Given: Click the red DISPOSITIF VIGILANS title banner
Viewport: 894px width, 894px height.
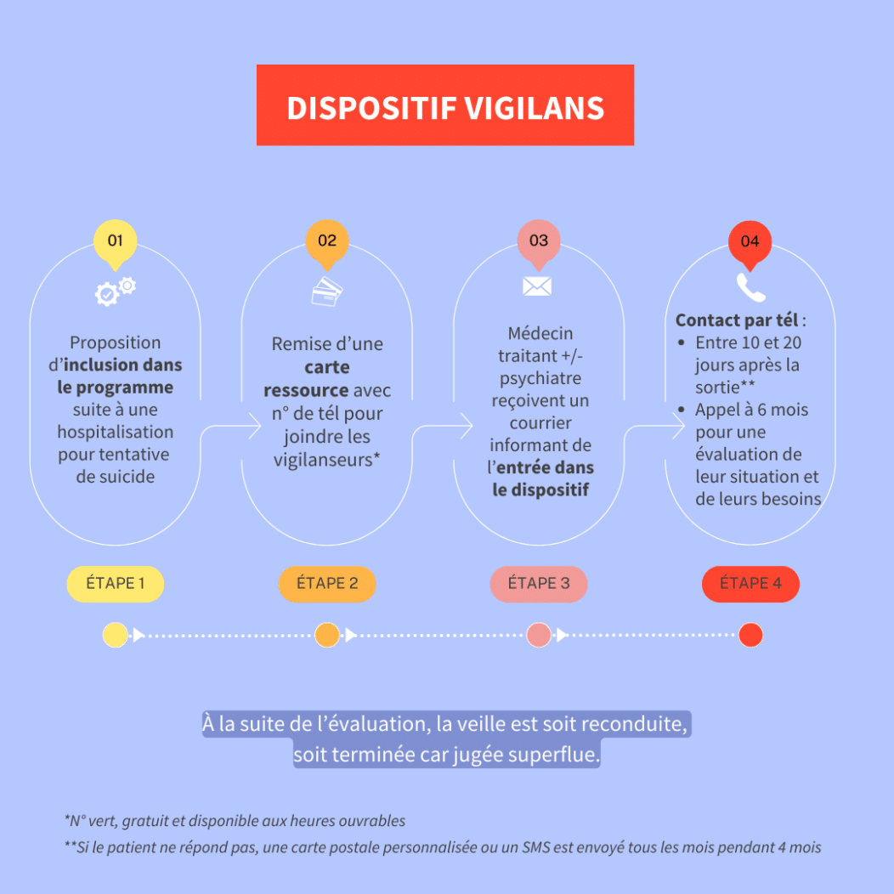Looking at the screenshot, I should tap(445, 105).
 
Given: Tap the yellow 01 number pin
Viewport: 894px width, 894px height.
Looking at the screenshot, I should tap(115, 240).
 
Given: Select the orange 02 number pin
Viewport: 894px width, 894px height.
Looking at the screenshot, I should tap(327, 240).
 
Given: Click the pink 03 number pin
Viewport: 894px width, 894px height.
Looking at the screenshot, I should tap(539, 240).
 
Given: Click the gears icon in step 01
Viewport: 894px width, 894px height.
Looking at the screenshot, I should tap(115, 291).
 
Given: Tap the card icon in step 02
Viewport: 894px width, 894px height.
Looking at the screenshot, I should tap(327, 291).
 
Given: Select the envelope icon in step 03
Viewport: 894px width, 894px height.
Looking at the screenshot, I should tap(537, 286).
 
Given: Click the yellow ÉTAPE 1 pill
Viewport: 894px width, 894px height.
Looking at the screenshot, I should tap(116, 584).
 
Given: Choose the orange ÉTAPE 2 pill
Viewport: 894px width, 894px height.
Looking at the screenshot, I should tap(327, 584).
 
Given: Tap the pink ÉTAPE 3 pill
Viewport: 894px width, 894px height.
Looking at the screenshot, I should tap(539, 584).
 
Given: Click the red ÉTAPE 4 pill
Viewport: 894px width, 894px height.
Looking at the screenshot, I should tap(750, 584).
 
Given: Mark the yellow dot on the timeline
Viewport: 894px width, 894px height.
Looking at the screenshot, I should tap(115, 635).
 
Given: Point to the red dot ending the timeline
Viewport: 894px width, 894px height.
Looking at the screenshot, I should tap(750, 635).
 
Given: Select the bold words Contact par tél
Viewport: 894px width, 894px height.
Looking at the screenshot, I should tap(736, 321).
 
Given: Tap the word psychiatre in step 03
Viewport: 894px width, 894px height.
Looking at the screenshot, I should tap(540, 377).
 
